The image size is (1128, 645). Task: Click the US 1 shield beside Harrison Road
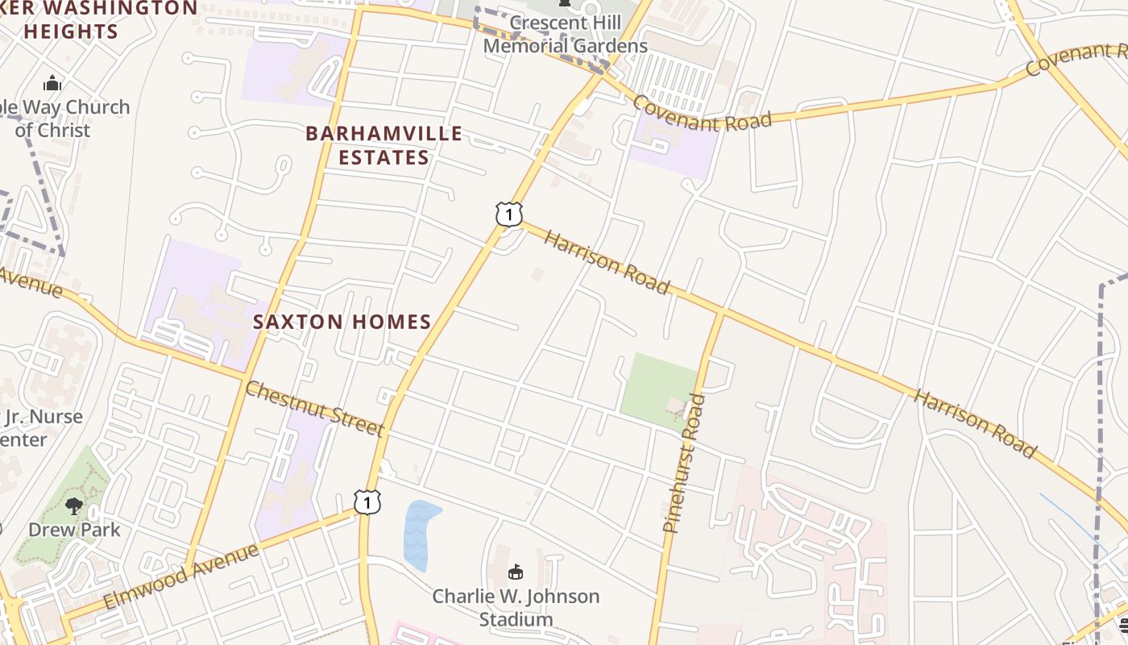(508, 214)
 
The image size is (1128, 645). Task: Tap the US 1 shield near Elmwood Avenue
(367, 501)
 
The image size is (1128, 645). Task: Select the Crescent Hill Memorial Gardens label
(565, 35)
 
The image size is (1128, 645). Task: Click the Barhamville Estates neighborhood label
(384, 145)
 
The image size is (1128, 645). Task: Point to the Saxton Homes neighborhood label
(342, 322)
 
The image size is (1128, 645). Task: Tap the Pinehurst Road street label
(683, 463)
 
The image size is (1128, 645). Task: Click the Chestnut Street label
(313, 409)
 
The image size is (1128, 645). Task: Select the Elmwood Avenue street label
(181, 576)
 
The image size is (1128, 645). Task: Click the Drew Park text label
(74, 530)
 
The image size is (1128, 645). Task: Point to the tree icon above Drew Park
(74, 506)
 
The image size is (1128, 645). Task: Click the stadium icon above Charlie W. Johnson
(516, 572)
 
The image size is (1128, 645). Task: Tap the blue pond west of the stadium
(419, 534)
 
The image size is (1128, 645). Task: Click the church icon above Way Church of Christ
(52, 83)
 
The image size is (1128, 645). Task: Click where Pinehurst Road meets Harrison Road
(720, 312)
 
